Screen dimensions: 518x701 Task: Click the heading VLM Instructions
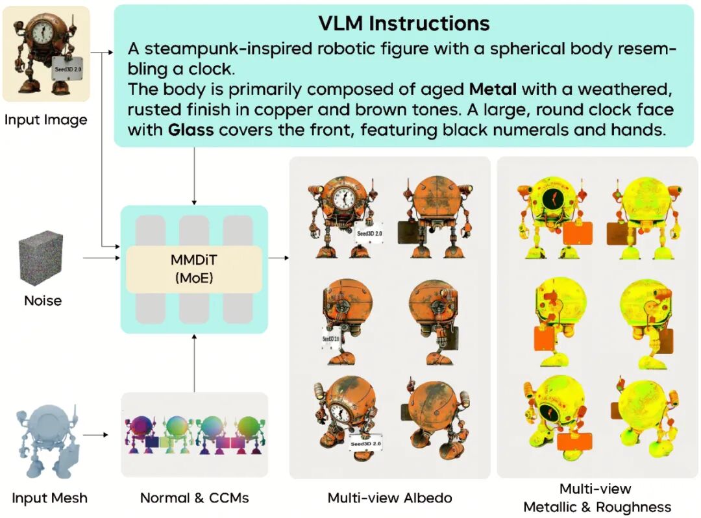point(403,24)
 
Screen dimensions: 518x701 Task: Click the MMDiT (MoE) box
point(194,269)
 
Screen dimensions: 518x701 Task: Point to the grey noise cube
point(42,259)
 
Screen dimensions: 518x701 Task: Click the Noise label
point(43,301)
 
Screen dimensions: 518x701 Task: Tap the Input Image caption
point(45,119)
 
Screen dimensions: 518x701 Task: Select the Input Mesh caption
point(49,499)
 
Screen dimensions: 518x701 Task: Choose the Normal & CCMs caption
point(194,499)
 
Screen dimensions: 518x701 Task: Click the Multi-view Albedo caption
point(389,499)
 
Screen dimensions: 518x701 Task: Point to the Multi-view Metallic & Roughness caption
point(597,498)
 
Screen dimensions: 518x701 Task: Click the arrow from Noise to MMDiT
point(101,258)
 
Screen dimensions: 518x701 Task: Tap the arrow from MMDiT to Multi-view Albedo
point(278,258)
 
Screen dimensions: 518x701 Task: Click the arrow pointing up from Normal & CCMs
point(194,364)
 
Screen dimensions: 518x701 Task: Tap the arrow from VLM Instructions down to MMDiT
point(194,175)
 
